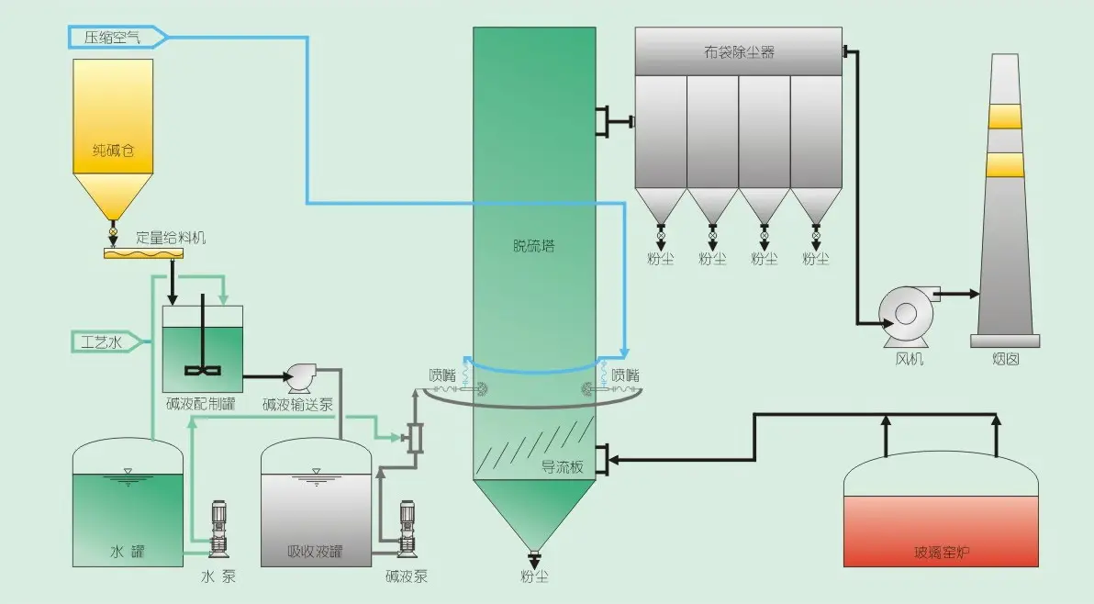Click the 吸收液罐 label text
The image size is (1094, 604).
click(x=315, y=552)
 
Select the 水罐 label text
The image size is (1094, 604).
click(x=128, y=552)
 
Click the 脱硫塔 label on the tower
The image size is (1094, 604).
click(x=533, y=246)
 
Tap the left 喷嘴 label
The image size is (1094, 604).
click(x=442, y=375)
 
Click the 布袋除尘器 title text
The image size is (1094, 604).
click(x=739, y=52)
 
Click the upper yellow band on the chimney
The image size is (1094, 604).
click(x=1005, y=117)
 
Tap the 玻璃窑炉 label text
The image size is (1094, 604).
click(x=942, y=552)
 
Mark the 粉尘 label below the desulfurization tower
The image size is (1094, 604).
click(x=534, y=576)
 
